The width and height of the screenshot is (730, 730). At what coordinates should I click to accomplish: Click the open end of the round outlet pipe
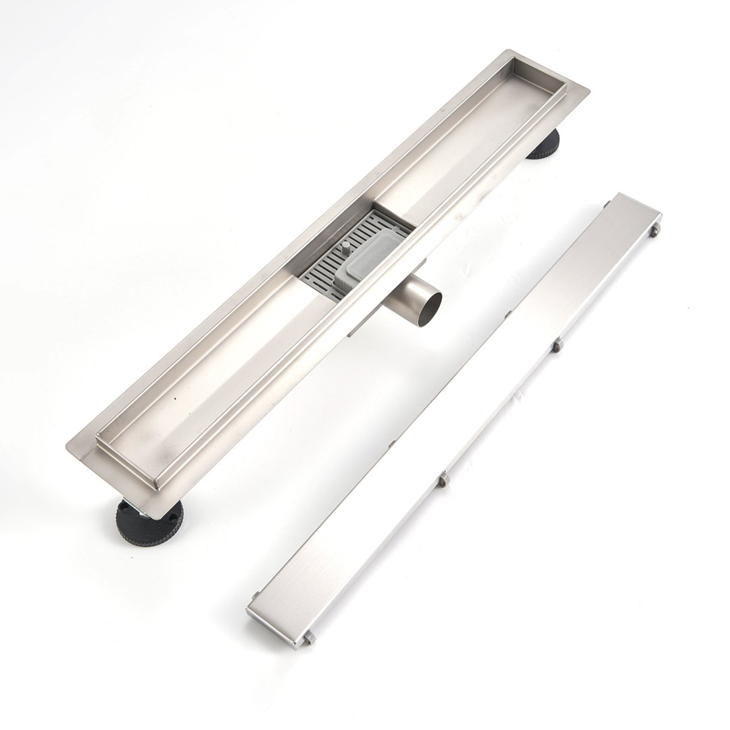[429, 308]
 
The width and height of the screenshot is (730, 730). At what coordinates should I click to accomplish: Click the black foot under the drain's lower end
[147, 523]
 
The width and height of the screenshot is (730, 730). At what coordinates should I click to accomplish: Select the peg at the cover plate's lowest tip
[310, 638]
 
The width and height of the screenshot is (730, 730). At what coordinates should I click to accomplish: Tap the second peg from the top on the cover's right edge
[557, 346]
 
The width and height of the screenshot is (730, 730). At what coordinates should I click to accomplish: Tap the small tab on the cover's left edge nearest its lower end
[255, 595]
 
